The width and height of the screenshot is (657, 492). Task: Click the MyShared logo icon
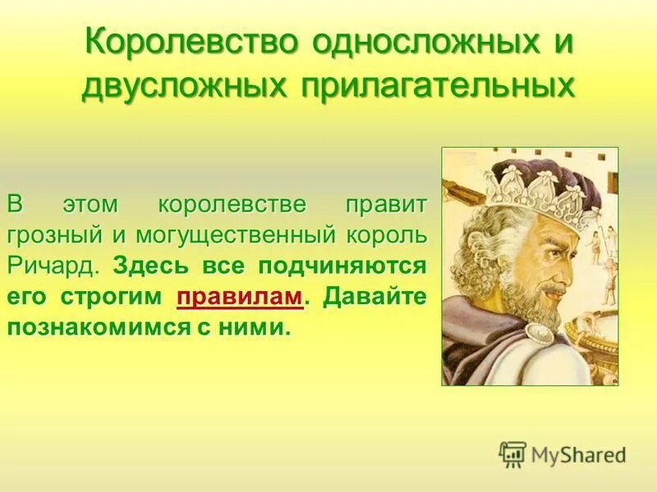(x=512, y=453)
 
